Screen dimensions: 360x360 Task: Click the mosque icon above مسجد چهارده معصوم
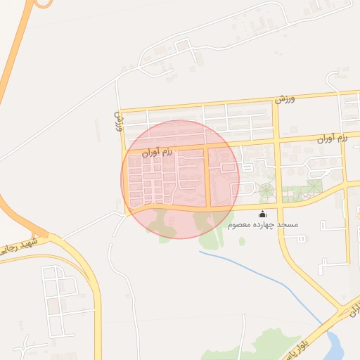(263, 214)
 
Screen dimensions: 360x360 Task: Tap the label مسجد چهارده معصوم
(263, 224)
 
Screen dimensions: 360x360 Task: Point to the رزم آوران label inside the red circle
(157, 151)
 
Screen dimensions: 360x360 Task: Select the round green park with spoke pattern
(266, 190)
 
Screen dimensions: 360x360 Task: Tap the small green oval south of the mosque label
(242, 241)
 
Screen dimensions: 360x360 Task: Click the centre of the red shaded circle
(181, 179)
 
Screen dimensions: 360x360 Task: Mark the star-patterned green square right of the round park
(314, 186)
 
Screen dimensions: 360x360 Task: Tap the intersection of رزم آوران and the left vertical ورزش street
(124, 150)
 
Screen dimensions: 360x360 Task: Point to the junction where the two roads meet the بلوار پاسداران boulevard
(344, 307)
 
